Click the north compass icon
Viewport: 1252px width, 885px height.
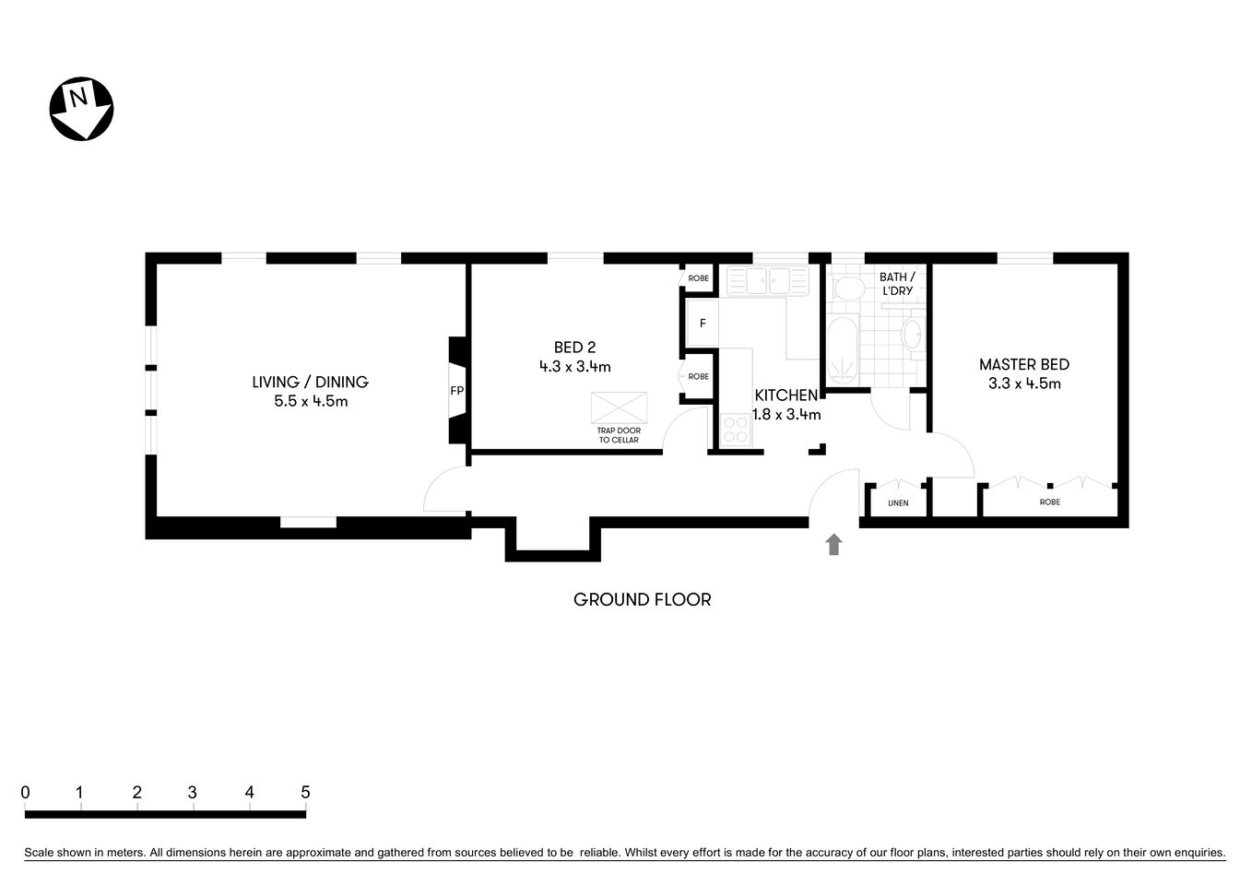(x=81, y=109)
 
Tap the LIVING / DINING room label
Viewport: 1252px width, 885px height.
(x=310, y=382)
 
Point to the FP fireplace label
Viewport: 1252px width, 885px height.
(x=456, y=391)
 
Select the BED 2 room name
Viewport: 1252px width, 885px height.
(x=574, y=348)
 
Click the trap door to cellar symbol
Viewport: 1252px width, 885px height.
(x=619, y=407)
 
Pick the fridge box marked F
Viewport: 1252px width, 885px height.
(x=703, y=324)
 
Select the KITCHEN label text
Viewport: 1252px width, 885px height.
(x=785, y=395)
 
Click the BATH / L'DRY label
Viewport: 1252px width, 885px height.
(x=897, y=283)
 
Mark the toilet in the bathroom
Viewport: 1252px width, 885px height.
(x=845, y=289)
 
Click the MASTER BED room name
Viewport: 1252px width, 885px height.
(x=1023, y=365)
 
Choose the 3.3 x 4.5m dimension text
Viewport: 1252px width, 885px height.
(x=1023, y=384)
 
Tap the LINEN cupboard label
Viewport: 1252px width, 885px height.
(x=897, y=503)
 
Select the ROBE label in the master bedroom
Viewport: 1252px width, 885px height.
(x=1049, y=502)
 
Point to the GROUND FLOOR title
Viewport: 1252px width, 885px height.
(x=642, y=600)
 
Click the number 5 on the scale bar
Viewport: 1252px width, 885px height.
(x=305, y=792)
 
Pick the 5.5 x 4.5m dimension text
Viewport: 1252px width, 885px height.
(x=310, y=402)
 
